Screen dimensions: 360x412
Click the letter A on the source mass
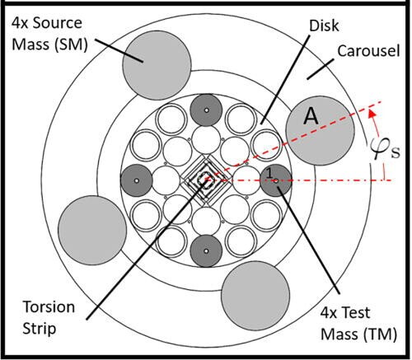pyautogui.click(x=311, y=117)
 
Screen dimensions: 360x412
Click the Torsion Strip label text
pyautogui.click(x=49, y=317)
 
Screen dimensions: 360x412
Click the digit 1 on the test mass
pyautogui.click(x=269, y=171)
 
